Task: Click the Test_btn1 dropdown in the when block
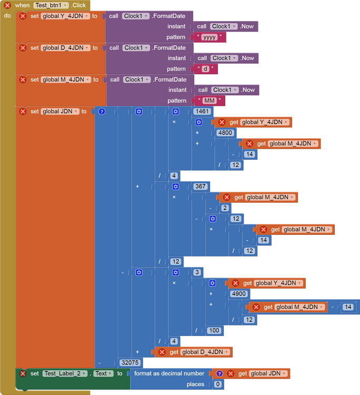coord(51,5)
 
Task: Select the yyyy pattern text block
coord(209,37)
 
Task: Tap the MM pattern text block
coord(209,101)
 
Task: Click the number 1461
coord(202,112)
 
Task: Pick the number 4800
coord(225,133)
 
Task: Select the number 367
coord(201,186)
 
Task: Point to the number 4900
coord(238,294)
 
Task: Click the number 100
coord(214,331)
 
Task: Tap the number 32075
coord(130,363)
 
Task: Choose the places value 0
coord(217,384)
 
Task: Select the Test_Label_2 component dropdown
coord(65,373)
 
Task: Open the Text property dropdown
coord(103,373)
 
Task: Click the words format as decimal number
coord(169,373)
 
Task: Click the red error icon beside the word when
coord(7,5)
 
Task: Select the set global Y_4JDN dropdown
coord(65,16)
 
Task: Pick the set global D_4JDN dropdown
coord(65,48)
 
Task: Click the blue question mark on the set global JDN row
coord(102,112)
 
